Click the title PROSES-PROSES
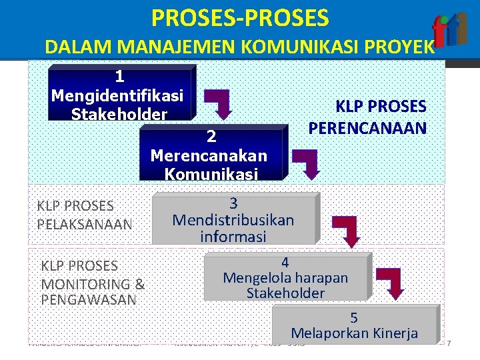[x=240, y=18]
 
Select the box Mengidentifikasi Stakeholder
[x=120, y=93]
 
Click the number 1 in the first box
[x=119, y=76]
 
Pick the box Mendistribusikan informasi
[x=233, y=219]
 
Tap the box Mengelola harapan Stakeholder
[x=285, y=277]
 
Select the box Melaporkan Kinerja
[x=354, y=325]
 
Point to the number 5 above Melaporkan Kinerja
[x=354, y=317]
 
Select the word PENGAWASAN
[x=88, y=299]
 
